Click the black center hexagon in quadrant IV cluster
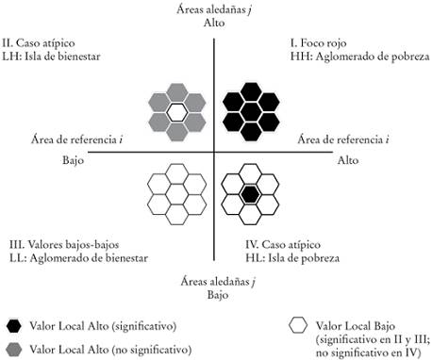[249, 194]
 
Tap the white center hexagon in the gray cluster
[176, 111]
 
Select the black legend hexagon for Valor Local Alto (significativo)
[14, 325]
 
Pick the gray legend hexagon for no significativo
[14, 349]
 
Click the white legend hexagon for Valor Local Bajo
[298, 325]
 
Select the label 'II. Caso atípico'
[41, 43]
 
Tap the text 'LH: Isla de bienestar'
[52, 57]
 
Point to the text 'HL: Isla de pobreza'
[283, 257]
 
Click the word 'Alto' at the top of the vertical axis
[215, 23]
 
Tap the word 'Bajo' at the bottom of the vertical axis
[215, 295]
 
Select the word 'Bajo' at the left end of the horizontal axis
[63, 159]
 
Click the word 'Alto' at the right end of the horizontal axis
[348, 159]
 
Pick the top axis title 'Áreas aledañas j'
[215, 8]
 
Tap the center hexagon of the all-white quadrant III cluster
[176, 194]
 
